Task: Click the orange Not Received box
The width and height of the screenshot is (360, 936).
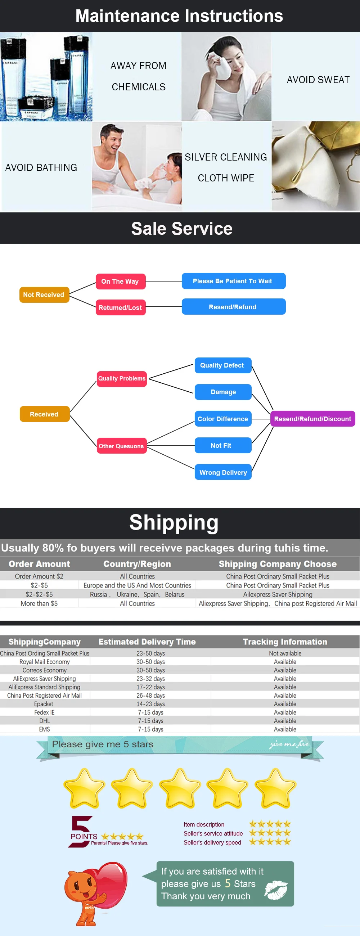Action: pos(44,295)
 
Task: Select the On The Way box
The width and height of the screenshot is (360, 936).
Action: pos(121,282)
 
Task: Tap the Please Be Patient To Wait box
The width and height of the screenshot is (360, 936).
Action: pos(233,281)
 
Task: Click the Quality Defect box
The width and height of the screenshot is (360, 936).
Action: pos(223,365)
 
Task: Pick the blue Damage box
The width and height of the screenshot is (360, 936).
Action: pos(223,392)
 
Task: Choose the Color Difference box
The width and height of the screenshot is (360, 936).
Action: pos(223,419)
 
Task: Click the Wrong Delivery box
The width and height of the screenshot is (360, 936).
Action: pos(223,472)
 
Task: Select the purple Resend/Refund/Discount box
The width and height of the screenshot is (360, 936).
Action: pos(312,419)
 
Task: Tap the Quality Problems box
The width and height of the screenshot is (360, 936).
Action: pos(122,379)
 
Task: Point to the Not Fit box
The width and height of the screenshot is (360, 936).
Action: pos(223,445)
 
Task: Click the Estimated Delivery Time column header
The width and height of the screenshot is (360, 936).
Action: pos(147,642)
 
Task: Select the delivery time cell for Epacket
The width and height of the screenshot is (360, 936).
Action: pos(150,704)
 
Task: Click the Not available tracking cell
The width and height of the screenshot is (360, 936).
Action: pos(285,653)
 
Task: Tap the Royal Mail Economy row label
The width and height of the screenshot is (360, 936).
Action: pos(44,662)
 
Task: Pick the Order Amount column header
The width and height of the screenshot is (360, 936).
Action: pos(39,564)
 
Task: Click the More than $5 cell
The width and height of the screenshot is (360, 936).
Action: pos(39,603)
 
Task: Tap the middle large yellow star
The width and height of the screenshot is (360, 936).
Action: pos(180,788)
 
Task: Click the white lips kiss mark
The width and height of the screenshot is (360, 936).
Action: pos(276,890)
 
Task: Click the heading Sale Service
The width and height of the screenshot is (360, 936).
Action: pos(182,229)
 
